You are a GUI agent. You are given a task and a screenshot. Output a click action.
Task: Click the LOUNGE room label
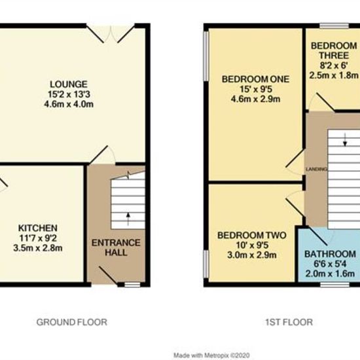[69, 84]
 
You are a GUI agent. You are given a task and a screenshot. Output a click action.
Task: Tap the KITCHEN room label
[38, 228]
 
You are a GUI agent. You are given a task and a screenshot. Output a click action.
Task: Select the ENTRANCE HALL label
[116, 247]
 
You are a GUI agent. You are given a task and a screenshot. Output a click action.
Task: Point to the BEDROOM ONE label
[255, 79]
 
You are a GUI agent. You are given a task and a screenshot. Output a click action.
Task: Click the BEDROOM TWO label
[252, 236]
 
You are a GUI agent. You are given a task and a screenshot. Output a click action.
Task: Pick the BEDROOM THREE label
[334, 50]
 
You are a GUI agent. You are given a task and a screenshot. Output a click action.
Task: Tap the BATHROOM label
[330, 254]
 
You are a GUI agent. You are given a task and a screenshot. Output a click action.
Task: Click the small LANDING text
[316, 170]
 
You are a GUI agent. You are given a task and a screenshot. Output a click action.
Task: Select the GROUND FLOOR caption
[72, 322]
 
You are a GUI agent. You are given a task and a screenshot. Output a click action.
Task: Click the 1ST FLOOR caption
[289, 322]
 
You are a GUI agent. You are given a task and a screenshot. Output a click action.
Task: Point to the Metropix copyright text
[211, 355]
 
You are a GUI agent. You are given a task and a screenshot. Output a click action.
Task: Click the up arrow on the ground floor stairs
[128, 219]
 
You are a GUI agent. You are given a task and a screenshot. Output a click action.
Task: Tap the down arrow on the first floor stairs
[344, 139]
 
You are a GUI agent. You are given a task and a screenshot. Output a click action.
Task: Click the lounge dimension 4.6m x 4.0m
[69, 104]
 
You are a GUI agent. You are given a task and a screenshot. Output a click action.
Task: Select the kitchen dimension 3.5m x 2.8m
[38, 248]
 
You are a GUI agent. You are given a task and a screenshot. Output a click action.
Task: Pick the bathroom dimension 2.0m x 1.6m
[330, 274]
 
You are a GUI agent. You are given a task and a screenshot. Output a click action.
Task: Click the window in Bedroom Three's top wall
[334, 26]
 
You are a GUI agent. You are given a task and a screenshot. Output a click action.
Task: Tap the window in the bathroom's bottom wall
[335, 285]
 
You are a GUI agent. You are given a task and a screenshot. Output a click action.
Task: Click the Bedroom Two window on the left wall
[206, 264]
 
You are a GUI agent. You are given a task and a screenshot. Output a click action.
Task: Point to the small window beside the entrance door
[132, 285]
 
